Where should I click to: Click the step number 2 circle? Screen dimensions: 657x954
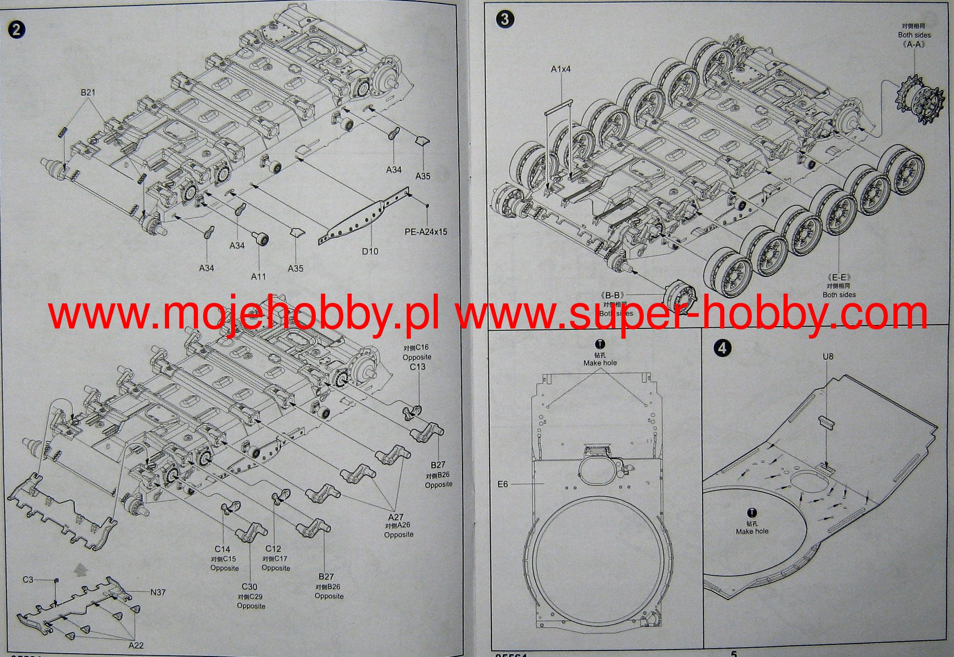pyautogui.click(x=16, y=30)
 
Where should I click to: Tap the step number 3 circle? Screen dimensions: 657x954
pyautogui.click(x=505, y=20)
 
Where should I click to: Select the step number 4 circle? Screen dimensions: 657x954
pyautogui.click(x=722, y=348)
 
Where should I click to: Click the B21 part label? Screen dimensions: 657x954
pyautogui.click(x=88, y=92)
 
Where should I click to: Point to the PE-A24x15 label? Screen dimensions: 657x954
pyautogui.click(x=425, y=232)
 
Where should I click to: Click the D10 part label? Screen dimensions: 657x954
pyautogui.click(x=370, y=251)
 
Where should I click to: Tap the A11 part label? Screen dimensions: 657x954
pyautogui.click(x=259, y=276)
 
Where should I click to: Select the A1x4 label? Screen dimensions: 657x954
pyautogui.click(x=560, y=69)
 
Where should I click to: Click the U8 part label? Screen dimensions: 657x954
pyautogui.click(x=828, y=356)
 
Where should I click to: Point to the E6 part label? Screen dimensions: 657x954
pyautogui.click(x=503, y=484)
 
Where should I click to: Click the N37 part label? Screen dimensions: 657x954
pyautogui.click(x=158, y=592)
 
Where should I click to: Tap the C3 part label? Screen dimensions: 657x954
pyautogui.click(x=28, y=579)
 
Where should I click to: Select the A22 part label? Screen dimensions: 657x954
pyautogui.click(x=136, y=645)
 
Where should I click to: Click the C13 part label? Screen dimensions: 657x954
pyautogui.click(x=417, y=367)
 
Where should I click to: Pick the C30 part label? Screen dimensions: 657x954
pyautogui.click(x=249, y=587)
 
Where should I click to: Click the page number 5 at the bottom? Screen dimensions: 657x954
pyautogui.click(x=734, y=653)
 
